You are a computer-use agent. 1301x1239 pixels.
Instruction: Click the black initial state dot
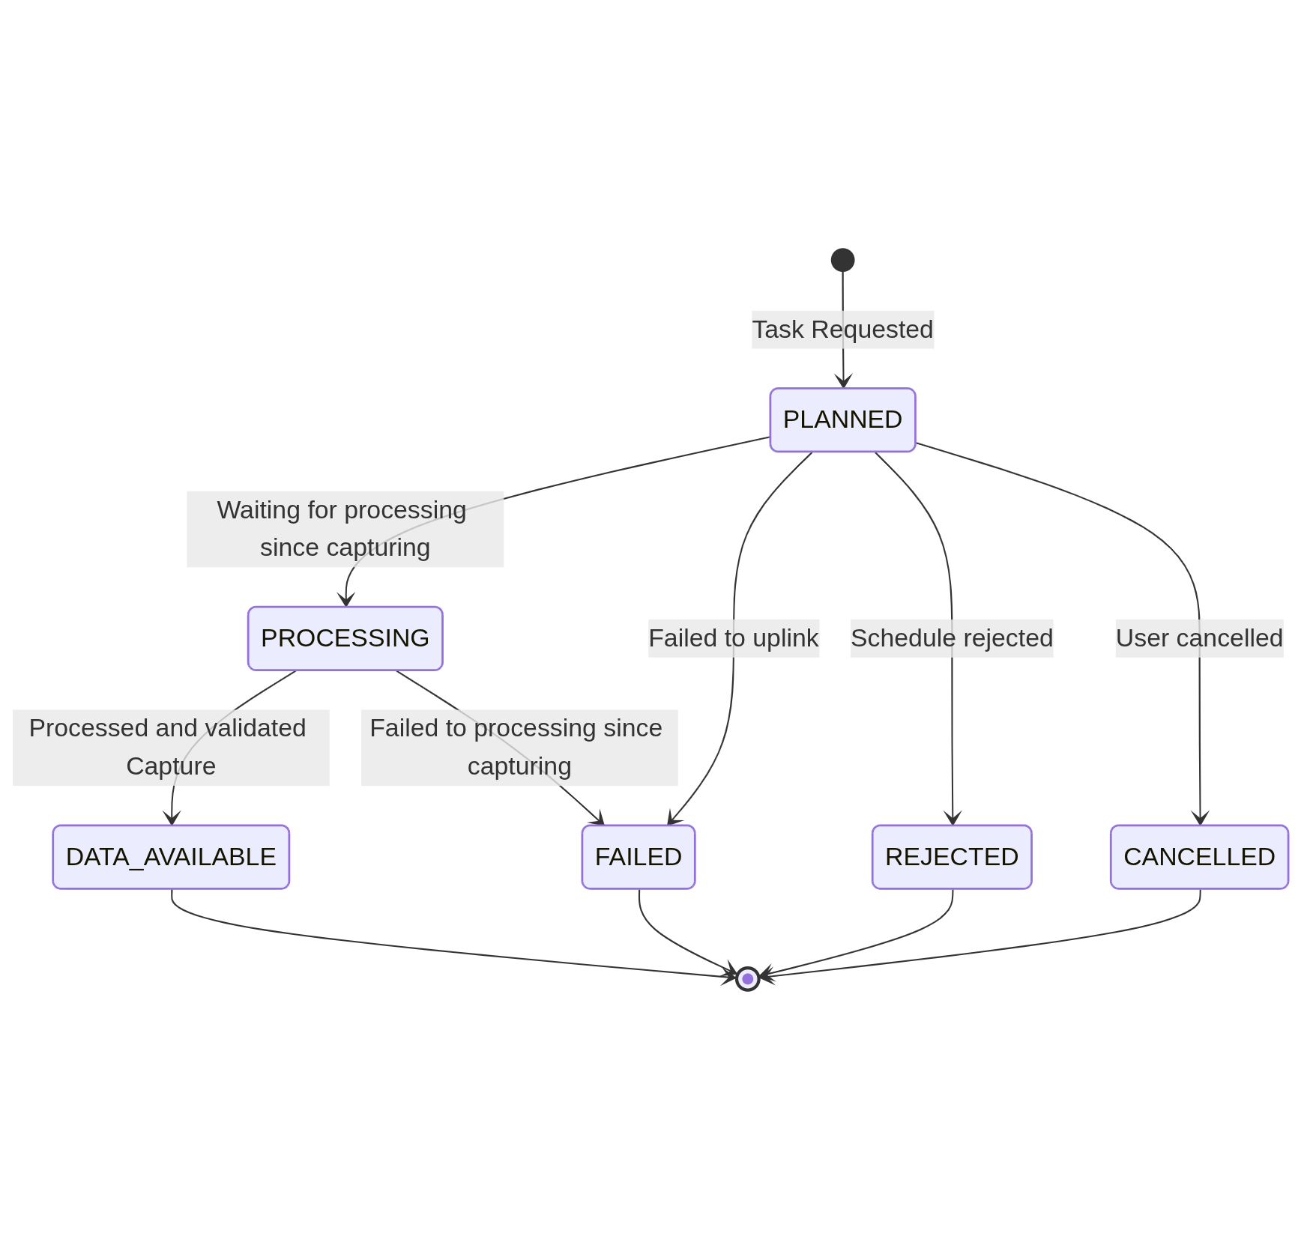click(x=842, y=260)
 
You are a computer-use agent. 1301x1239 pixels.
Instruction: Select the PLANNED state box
click(x=842, y=419)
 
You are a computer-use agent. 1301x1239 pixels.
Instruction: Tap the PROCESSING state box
click(x=345, y=638)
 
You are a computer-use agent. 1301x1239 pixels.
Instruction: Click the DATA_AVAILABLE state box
click(x=171, y=857)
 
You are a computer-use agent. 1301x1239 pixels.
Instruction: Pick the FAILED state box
click(x=638, y=857)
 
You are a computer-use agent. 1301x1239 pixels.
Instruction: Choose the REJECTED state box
click(x=952, y=857)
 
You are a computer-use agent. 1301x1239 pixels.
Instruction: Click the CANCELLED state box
click(x=1199, y=857)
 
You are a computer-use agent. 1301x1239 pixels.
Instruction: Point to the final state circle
click(x=747, y=978)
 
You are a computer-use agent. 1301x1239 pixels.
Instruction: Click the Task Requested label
click(x=842, y=330)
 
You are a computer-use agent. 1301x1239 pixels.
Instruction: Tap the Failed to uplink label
click(x=733, y=638)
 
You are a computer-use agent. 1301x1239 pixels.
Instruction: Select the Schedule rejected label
click(x=952, y=638)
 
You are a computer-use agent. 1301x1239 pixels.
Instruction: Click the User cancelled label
click(x=1199, y=638)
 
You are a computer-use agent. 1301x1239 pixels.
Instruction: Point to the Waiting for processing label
click(x=345, y=529)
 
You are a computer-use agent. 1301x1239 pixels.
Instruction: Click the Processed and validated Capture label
click(x=171, y=748)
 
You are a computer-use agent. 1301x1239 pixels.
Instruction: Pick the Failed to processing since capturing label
click(x=519, y=748)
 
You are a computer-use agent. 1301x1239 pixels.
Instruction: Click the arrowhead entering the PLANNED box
click(x=843, y=381)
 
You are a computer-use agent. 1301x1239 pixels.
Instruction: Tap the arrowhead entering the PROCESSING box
click(x=345, y=600)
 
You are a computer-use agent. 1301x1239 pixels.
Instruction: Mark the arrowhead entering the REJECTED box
click(x=953, y=819)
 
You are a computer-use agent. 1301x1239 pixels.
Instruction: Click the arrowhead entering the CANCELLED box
click(x=1200, y=819)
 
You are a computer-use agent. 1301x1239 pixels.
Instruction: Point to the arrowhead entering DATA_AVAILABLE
click(x=172, y=819)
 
